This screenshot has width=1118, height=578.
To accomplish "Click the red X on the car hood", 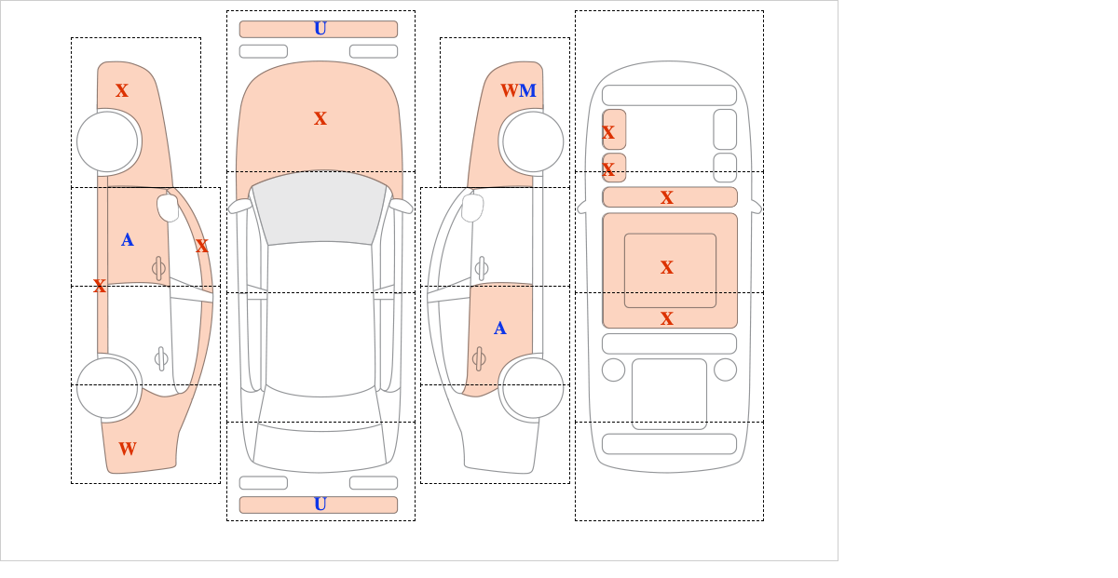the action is coord(320,119).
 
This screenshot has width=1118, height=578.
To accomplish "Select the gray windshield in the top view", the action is coord(320,208).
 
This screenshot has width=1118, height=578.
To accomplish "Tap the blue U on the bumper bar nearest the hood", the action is coord(320,29).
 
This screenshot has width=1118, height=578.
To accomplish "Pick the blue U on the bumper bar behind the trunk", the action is coord(320,504).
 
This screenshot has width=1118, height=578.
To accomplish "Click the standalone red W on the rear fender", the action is coord(128,449).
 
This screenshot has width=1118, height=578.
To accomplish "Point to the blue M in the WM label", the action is coord(527,90).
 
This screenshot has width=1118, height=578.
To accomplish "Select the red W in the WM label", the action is coord(510,90).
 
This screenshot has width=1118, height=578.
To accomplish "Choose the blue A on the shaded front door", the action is coord(128,240).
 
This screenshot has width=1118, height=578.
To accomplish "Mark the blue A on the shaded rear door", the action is coord(500,329).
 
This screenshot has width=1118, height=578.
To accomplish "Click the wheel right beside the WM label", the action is coord(533,141).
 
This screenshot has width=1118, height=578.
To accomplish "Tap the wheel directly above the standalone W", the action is coord(107,387).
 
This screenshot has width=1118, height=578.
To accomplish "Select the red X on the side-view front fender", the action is coord(122,90).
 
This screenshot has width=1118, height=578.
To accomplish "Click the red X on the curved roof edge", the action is coord(201,246).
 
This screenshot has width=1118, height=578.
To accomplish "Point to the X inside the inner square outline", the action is coord(667,267).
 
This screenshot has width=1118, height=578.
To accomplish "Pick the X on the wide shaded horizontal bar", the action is coord(667,197).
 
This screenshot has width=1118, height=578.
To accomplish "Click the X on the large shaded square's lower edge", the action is coord(667,318).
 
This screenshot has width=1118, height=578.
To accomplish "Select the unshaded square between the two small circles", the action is coord(669,394).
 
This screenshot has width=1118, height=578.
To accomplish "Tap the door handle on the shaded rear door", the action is coord(479,358).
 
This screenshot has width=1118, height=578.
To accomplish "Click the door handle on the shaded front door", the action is coord(158,268).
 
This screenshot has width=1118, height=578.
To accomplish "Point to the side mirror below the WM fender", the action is coord(472,208).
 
